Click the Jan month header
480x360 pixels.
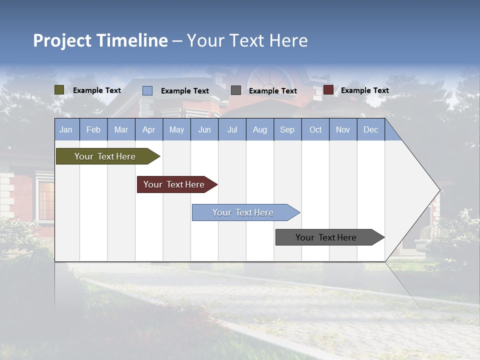pos(66,129)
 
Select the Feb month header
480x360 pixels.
pos(93,129)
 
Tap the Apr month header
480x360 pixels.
pos(148,129)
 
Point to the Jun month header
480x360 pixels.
pos(204,129)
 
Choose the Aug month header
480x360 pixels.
pos(259,129)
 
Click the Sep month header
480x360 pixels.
pos(287,129)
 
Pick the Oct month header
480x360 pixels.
pos(315,129)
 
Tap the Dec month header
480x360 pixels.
pos(370,129)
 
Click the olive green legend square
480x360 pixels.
pos(59,90)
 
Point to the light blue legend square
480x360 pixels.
pos(147,90)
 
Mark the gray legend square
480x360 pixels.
pos(236,90)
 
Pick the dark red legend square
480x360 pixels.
pos(328,90)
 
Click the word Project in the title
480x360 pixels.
pos(61,40)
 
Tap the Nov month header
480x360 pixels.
pos(342,129)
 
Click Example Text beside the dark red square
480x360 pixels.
pos(364,90)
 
